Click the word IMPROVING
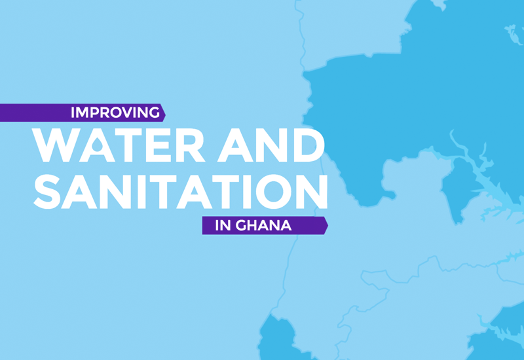point(115,113)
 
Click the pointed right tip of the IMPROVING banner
point(164,113)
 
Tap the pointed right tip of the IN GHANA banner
point(326,225)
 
